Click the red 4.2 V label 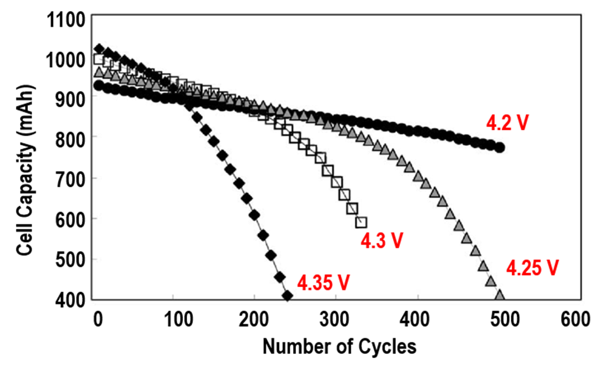point(507,123)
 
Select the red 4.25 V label point(532,269)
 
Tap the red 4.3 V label point(381,241)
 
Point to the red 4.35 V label point(322,283)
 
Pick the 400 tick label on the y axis point(74,300)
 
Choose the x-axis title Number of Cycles point(339,346)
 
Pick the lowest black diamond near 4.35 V point(287,296)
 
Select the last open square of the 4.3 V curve point(361,222)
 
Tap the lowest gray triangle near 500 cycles point(499,295)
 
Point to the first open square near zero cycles point(99,59)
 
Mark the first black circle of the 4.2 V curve point(98,86)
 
